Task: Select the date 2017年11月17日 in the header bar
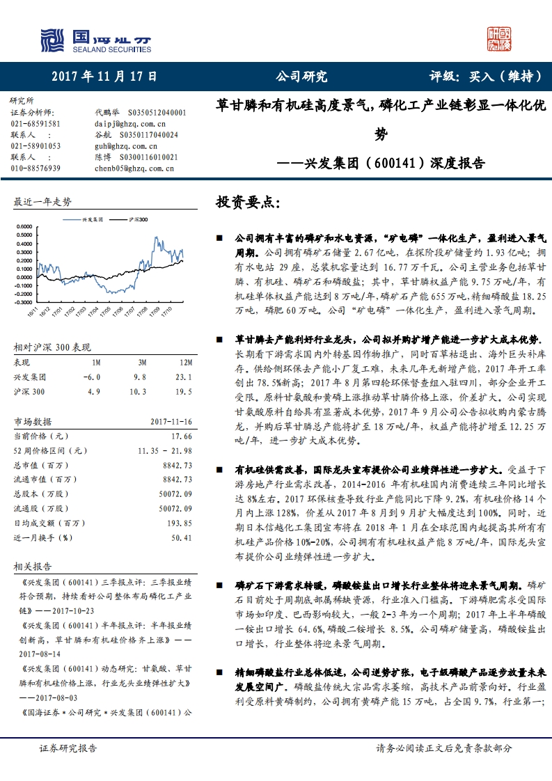104,77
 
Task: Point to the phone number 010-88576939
36,168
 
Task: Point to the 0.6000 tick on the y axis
25,227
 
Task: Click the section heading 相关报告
33,567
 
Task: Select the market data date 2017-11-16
171,422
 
